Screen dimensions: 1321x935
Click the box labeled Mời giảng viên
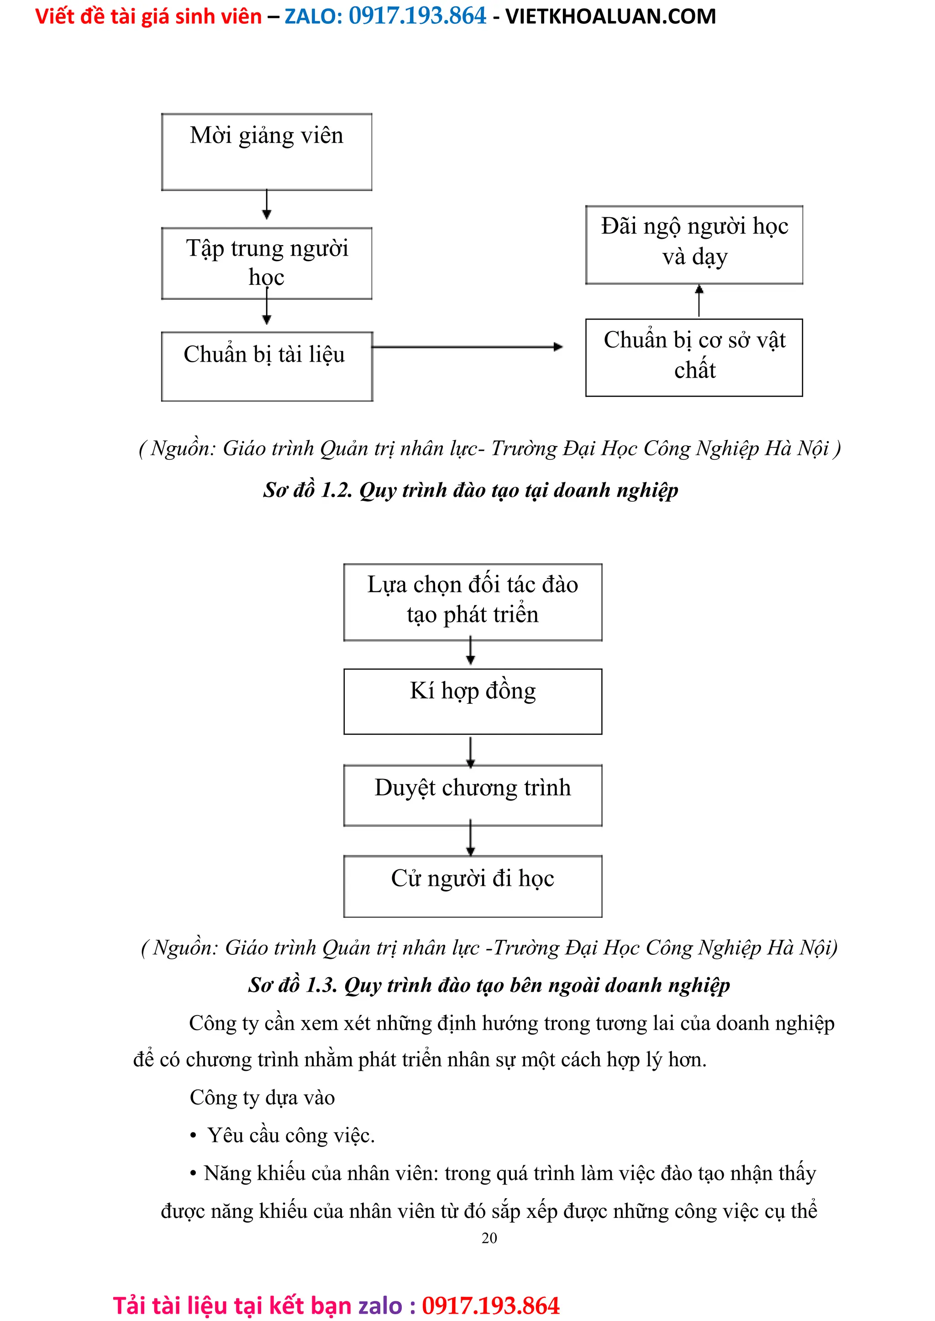pos(267,152)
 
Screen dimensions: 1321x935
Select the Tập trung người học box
pos(267,263)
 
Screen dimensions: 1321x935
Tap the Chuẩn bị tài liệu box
pos(267,366)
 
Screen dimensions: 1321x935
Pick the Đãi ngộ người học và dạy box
pos(694,244)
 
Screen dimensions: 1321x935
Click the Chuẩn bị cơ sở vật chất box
pos(694,357)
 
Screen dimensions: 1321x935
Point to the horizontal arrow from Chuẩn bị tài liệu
pos(466,347)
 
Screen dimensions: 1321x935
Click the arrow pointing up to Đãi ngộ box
pos(699,300)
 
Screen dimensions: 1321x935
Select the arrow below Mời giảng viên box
pos(267,205)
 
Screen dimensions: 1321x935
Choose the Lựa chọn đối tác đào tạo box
pos(473,602)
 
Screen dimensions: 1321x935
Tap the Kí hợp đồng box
pos(473,701)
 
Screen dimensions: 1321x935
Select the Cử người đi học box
pos(473,886)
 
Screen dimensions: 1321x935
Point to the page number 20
pos(489,1237)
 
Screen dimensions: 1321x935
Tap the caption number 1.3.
pos(321,985)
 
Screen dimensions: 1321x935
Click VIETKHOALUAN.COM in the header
pos(610,16)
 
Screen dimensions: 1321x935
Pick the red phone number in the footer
pos(490,1305)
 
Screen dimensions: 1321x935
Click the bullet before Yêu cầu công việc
pos(194,1136)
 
